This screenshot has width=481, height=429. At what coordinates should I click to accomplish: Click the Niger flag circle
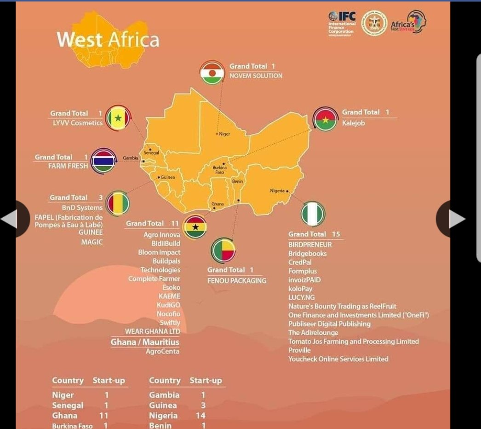click(212, 73)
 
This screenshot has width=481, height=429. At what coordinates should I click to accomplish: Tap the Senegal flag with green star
click(118, 118)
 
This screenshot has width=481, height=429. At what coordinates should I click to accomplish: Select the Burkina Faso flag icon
click(325, 119)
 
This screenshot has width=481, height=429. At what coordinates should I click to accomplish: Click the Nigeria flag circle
click(313, 214)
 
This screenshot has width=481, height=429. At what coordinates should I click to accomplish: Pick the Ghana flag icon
click(195, 226)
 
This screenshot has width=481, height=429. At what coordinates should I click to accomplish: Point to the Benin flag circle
click(223, 250)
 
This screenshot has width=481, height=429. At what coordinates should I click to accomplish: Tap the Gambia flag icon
click(103, 161)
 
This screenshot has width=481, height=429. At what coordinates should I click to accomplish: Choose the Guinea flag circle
click(118, 204)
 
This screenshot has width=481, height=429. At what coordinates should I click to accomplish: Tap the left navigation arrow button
click(10, 219)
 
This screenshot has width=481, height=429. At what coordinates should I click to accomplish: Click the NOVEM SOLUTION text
click(256, 75)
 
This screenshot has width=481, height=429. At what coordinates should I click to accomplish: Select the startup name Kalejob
click(353, 123)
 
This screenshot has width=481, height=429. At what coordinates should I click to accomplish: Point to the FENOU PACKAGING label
click(236, 280)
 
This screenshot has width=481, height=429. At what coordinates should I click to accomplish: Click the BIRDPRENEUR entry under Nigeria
click(310, 244)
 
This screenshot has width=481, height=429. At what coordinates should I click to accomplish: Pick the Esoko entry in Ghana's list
click(171, 288)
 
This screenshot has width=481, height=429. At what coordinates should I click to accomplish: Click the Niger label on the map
click(224, 134)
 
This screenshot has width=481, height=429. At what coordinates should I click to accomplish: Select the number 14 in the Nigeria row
click(203, 416)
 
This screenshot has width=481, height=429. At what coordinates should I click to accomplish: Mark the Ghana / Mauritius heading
click(145, 342)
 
